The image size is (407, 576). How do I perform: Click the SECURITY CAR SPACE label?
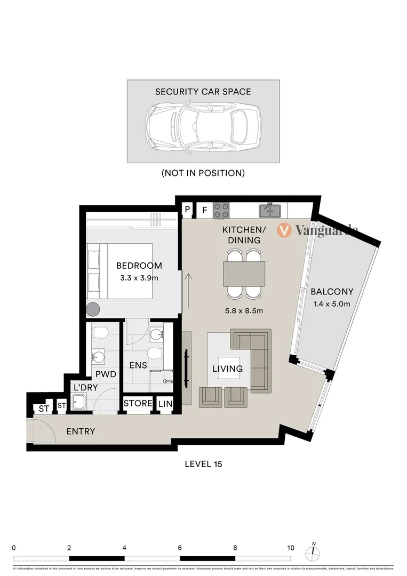(203, 92)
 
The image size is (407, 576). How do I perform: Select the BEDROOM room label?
(139, 266)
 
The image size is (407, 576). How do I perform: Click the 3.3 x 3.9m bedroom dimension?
(139, 277)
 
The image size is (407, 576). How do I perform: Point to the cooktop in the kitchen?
(221, 210)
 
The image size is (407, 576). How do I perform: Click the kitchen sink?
(270, 211)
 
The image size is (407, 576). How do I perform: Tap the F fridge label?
(204, 210)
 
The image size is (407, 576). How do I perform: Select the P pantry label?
(188, 210)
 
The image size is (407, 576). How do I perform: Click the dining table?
(244, 274)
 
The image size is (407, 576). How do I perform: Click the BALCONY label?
(332, 292)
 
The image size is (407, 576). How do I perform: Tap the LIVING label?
(228, 369)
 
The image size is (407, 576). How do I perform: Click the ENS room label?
(138, 366)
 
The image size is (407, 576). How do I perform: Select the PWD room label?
(106, 374)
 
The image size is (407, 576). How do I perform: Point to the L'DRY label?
(86, 388)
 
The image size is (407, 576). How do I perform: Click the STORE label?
(138, 404)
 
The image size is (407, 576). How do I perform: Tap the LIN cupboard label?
(165, 404)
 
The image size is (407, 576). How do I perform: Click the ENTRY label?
(81, 431)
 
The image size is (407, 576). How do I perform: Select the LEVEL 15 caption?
(203, 464)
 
